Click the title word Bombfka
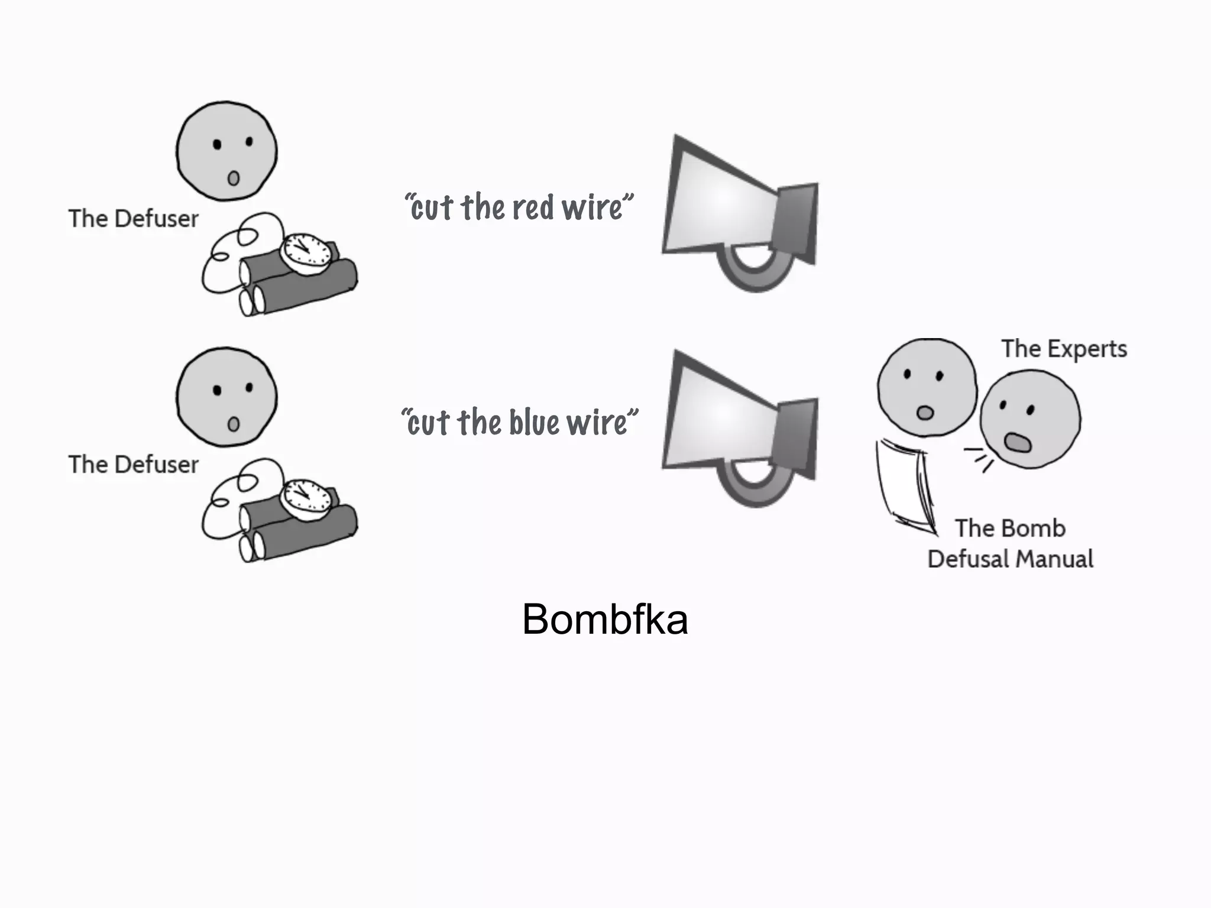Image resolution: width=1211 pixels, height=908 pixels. coord(605,620)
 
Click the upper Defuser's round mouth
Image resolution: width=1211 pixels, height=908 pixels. coord(234,177)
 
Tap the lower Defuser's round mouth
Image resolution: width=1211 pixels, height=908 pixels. coord(234,424)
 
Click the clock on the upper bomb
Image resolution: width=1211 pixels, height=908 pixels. coord(306,252)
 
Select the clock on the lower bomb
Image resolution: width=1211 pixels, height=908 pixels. coord(306,498)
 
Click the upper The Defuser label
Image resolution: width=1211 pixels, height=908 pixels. coord(133,219)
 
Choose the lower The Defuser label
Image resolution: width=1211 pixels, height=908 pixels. coord(133,465)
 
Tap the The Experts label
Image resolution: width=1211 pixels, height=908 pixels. coord(1064,349)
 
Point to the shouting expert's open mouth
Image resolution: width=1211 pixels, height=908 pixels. coord(1018,442)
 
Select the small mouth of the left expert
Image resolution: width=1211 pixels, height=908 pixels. coord(925,412)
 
